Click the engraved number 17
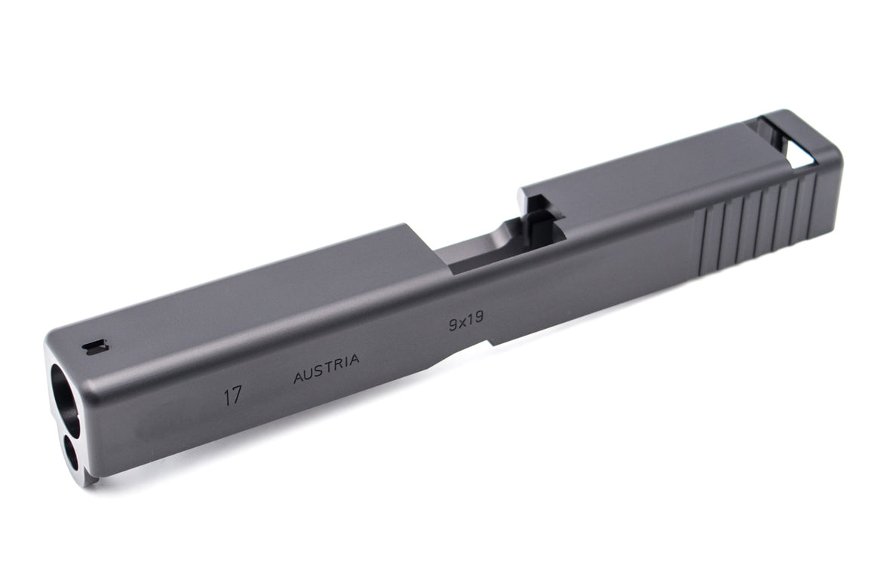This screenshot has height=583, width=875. (232, 396)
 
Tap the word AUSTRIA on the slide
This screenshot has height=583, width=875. (326, 369)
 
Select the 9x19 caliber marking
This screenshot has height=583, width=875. (465, 323)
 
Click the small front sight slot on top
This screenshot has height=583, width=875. (96, 346)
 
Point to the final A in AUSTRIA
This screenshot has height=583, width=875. (354, 361)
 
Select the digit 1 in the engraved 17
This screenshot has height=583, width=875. (226, 397)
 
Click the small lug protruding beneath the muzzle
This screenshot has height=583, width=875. (90, 477)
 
